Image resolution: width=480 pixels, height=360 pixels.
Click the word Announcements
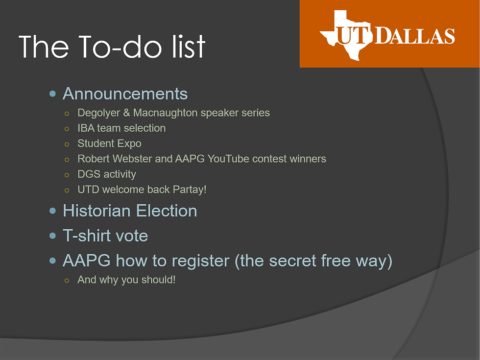[x=125, y=94]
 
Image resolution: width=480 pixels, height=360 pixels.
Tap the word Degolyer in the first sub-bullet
[x=98, y=113]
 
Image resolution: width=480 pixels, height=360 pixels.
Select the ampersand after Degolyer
[x=126, y=113]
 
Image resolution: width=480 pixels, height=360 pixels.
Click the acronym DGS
[x=89, y=174]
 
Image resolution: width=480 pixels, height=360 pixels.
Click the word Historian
[x=97, y=211]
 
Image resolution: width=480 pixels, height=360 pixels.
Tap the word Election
[x=167, y=211]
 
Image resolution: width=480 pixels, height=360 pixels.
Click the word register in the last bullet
[x=200, y=261]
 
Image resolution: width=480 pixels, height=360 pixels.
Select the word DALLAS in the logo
[x=415, y=36]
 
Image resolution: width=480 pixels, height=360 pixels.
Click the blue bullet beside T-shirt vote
[x=53, y=236]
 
